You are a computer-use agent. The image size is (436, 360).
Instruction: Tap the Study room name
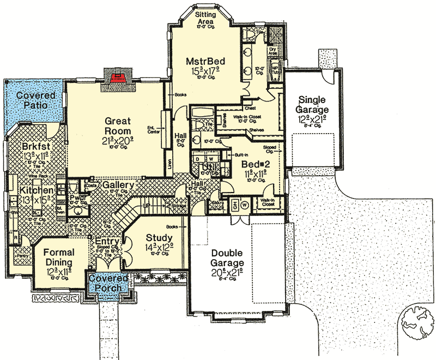point(159,238)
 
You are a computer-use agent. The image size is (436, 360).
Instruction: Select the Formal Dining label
point(58,257)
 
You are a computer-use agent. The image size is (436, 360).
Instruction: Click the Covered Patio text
point(31,100)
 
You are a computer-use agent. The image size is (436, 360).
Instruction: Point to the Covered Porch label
point(108,283)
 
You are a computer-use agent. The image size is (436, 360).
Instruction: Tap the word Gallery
point(118,185)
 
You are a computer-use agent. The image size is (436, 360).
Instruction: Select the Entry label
point(108,241)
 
